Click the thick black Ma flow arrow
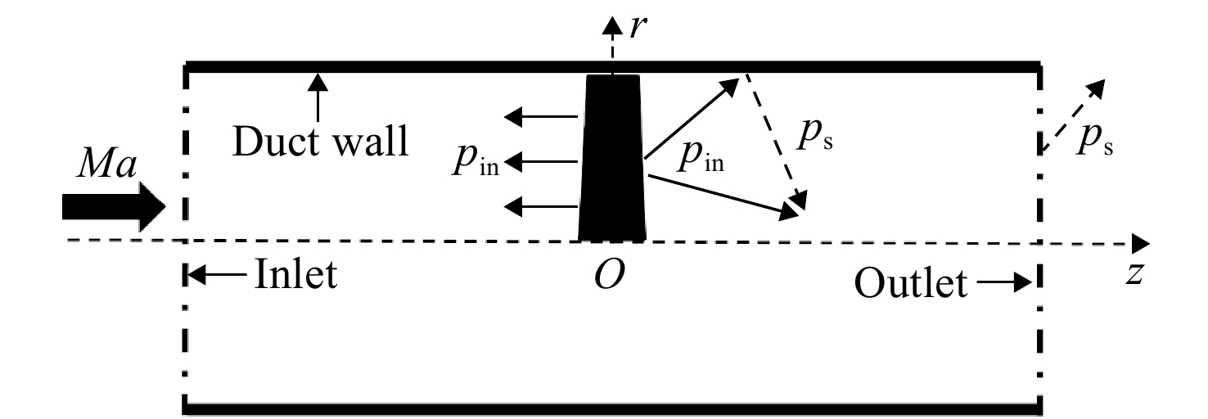click(113, 207)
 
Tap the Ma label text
click(106, 164)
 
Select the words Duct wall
click(320, 142)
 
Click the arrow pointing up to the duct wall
click(318, 97)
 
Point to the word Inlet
click(295, 274)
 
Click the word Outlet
click(911, 282)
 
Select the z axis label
click(1134, 273)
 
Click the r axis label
click(638, 27)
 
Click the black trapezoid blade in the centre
click(612, 157)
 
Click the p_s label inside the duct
click(815, 135)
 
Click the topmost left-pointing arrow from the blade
click(540, 116)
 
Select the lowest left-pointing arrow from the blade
click(540, 206)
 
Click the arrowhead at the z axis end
click(1140, 245)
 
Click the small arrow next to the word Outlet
click(1004, 282)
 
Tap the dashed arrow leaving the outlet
click(1073, 115)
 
